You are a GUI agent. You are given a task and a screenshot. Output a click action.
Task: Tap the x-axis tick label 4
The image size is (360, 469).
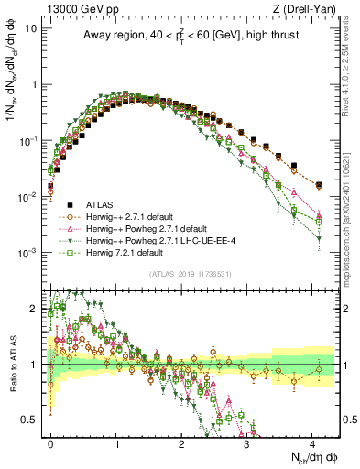[x=312, y=442]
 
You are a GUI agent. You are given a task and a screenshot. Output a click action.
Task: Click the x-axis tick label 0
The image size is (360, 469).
[x=50, y=442]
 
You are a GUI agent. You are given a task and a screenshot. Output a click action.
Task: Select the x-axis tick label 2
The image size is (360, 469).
[x=181, y=442]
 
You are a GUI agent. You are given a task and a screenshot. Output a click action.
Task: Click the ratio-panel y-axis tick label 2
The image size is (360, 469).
[x=39, y=309]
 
